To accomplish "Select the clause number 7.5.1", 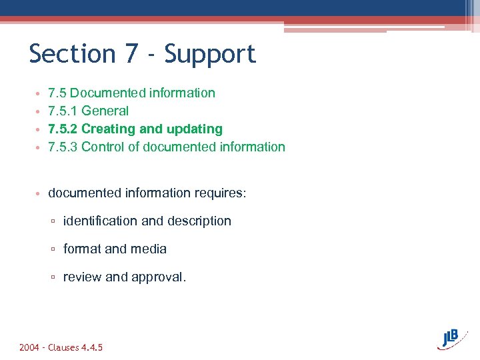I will coord(63,111).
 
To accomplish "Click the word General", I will coord(105,111).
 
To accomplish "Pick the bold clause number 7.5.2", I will coord(63,129).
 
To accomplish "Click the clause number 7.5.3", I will coord(63,147).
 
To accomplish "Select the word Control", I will coord(103,147).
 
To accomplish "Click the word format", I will coord(81,249).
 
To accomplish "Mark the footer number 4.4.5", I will coord(91,347).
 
